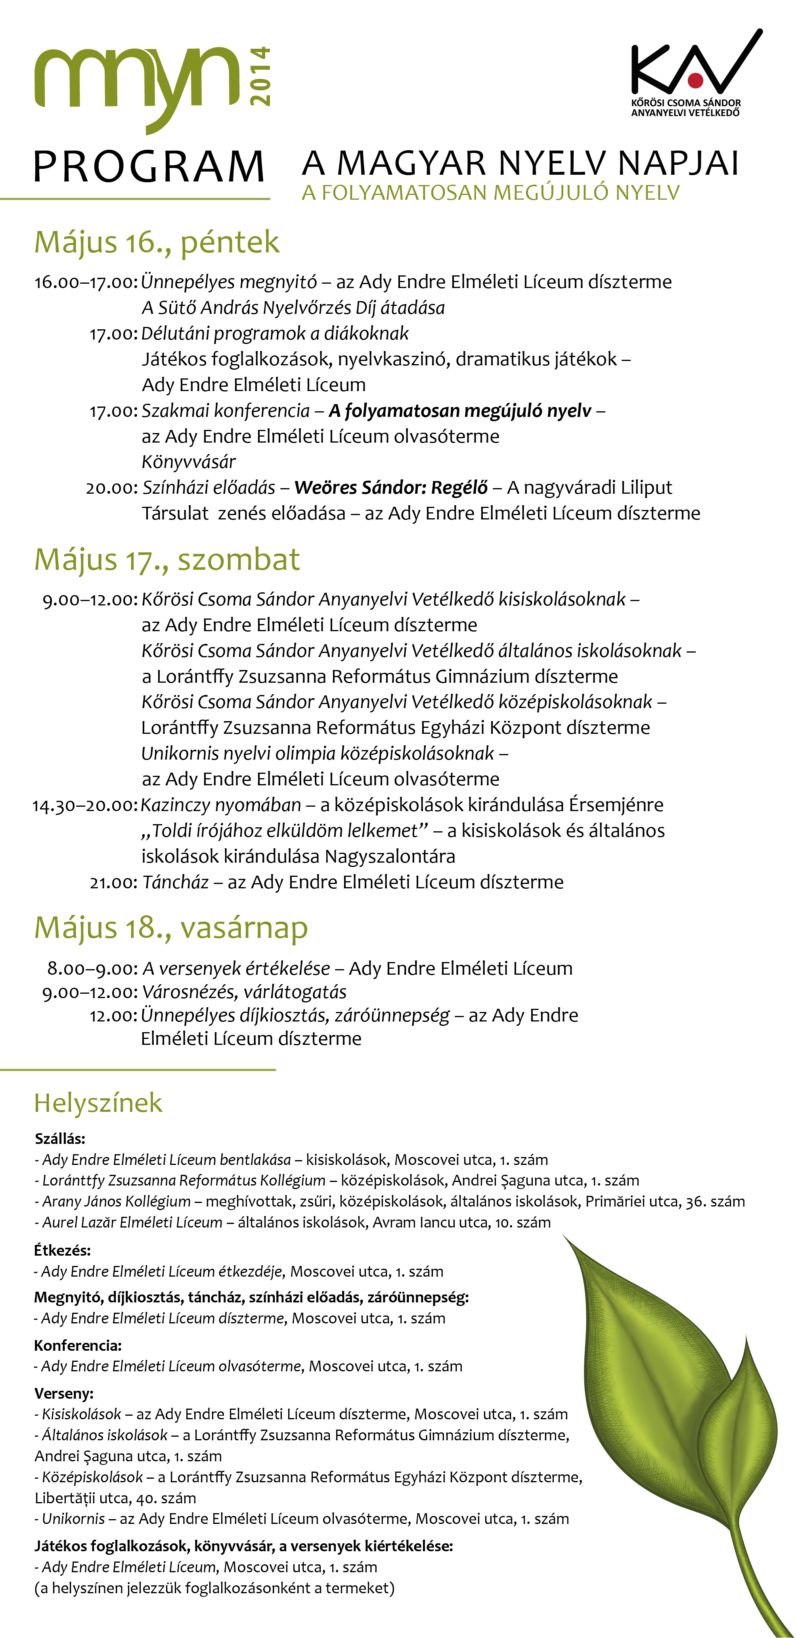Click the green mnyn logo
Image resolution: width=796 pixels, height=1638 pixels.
pyautogui.click(x=137, y=81)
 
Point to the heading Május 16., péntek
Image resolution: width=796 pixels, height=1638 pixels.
pyautogui.click(x=157, y=242)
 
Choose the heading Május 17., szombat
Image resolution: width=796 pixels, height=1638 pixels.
pyautogui.click(x=167, y=559)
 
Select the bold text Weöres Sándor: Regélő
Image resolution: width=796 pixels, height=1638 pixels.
pyautogui.click(x=391, y=488)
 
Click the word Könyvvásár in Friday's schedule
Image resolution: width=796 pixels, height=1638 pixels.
pyautogui.click(x=188, y=462)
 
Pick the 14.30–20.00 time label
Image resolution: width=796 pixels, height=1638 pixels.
pyautogui.click(x=84, y=806)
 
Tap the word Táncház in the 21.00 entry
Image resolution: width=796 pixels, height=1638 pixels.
pyautogui.click(x=176, y=882)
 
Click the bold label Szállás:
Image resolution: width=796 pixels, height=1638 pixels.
pyautogui.click(x=60, y=1139)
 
